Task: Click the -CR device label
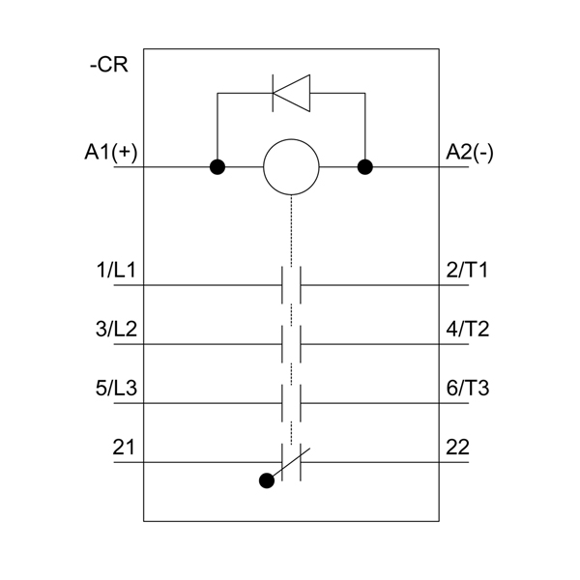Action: click(x=108, y=65)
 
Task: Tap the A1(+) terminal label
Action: click(x=111, y=152)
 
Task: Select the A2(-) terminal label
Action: click(x=470, y=152)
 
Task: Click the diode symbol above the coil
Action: click(x=291, y=93)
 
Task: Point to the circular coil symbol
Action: click(x=291, y=167)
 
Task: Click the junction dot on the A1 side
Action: click(x=217, y=167)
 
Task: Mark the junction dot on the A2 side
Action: click(x=365, y=167)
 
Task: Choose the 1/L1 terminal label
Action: click(x=116, y=270)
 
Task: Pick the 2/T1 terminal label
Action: click(x=467, y=270)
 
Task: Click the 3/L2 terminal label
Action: click(x=116, y=329)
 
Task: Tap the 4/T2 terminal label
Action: click(x=468, y=329)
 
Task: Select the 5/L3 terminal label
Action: click(x=116, y=388)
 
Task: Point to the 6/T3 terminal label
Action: click(x=468, y=388)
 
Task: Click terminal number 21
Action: click(x=124, y=447)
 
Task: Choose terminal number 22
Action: click(x=458, y=447)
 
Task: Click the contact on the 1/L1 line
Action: click(x=291, y=285)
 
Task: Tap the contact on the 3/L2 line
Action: click(x=291, y=344)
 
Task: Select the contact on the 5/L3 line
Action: click(x=291, y=403)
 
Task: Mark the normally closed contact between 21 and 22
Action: click(x=291, y=462)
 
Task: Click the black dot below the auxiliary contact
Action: click(x=267, y=480)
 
